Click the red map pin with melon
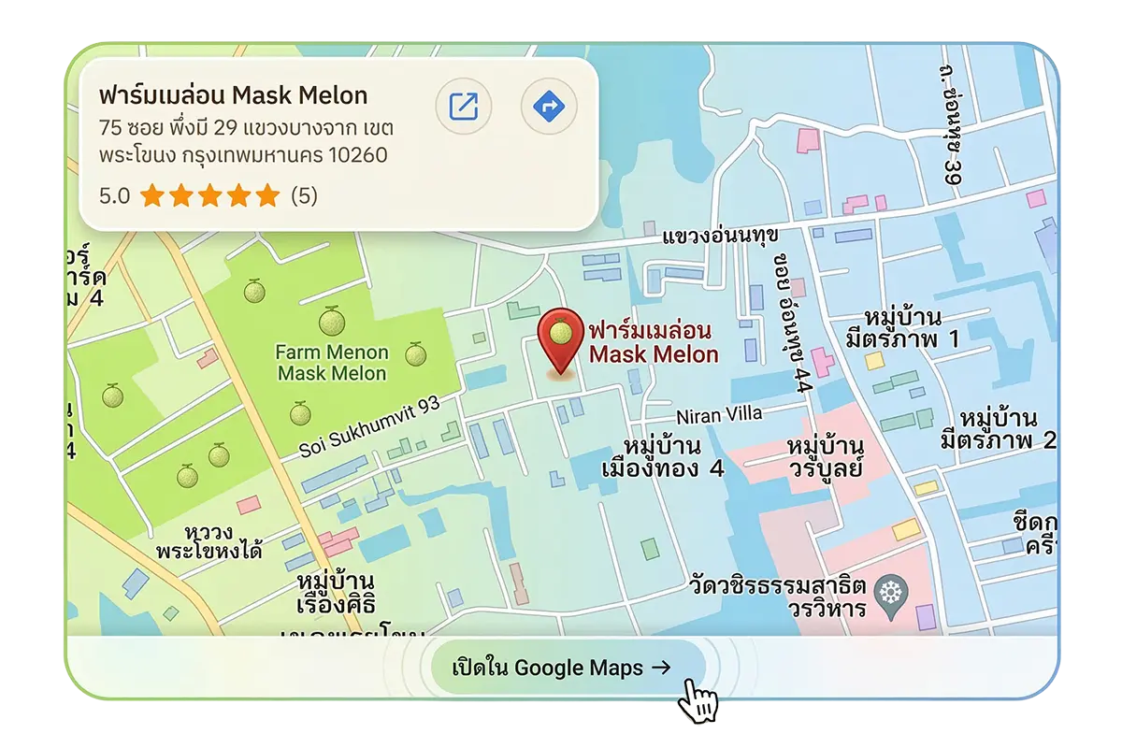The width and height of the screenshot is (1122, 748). (560, 338)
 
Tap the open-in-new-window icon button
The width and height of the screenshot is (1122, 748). (464, 108)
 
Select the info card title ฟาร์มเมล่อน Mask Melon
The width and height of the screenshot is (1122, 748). (233, 95)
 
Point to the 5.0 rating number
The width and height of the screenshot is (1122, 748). (114, 196)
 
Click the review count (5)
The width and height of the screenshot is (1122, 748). (304, 196)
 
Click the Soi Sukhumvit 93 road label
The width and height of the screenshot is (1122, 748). (369, 427)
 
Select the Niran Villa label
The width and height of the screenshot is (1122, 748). (719, 413)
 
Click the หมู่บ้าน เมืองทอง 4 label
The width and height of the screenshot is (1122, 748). (663, 455)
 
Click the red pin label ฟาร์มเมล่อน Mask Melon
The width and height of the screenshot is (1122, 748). (653, 342)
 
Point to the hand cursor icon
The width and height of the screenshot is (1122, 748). (698, 700)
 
